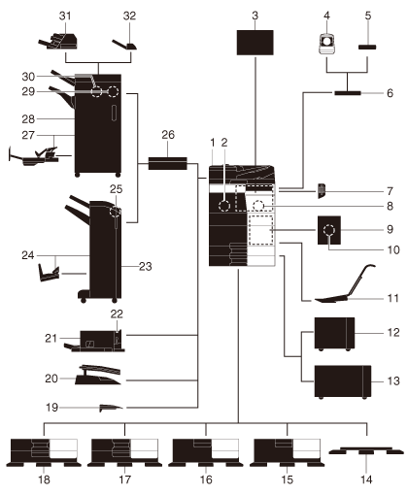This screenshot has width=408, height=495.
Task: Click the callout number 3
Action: pos(255,16)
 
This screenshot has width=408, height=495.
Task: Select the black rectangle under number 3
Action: pos(255,43)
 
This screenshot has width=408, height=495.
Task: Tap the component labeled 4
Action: pos(326,44)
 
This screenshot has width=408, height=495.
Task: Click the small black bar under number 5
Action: pos(367,48)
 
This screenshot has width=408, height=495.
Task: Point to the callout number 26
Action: pos(168,135)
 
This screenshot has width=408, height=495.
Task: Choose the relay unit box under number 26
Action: pos(168,163)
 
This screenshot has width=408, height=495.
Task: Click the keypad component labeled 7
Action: pos(322,190)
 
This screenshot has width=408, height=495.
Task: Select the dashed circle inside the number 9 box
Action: pos(329,230)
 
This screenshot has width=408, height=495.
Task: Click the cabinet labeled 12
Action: pos(334,334)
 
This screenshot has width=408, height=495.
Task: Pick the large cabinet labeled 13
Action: pos(343,381)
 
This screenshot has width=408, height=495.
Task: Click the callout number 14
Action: pos(366,479)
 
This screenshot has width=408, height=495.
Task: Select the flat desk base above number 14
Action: pos(366,450)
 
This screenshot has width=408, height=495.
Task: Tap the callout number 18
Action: pos(44,479)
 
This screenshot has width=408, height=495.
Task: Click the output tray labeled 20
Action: pos(98,375)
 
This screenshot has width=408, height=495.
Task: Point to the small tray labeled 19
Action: pos(111,408)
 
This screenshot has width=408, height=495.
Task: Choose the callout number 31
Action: pos(65,16)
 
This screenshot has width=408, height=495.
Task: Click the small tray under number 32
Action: pos(125,45)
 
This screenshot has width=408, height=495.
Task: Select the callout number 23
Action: pos(146,267)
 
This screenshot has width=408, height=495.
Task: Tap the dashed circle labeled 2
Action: pos(224,206)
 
